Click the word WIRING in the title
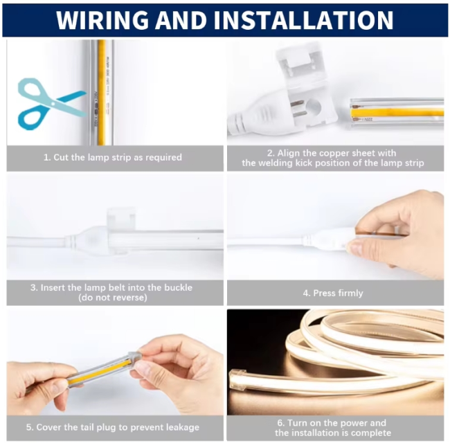tap(102, 20)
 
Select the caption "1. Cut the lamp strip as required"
tap(112, 158)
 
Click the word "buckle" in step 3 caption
tap(178, 287)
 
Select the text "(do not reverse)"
tap(113, 298)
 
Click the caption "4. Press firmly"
tap(333, 293)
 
